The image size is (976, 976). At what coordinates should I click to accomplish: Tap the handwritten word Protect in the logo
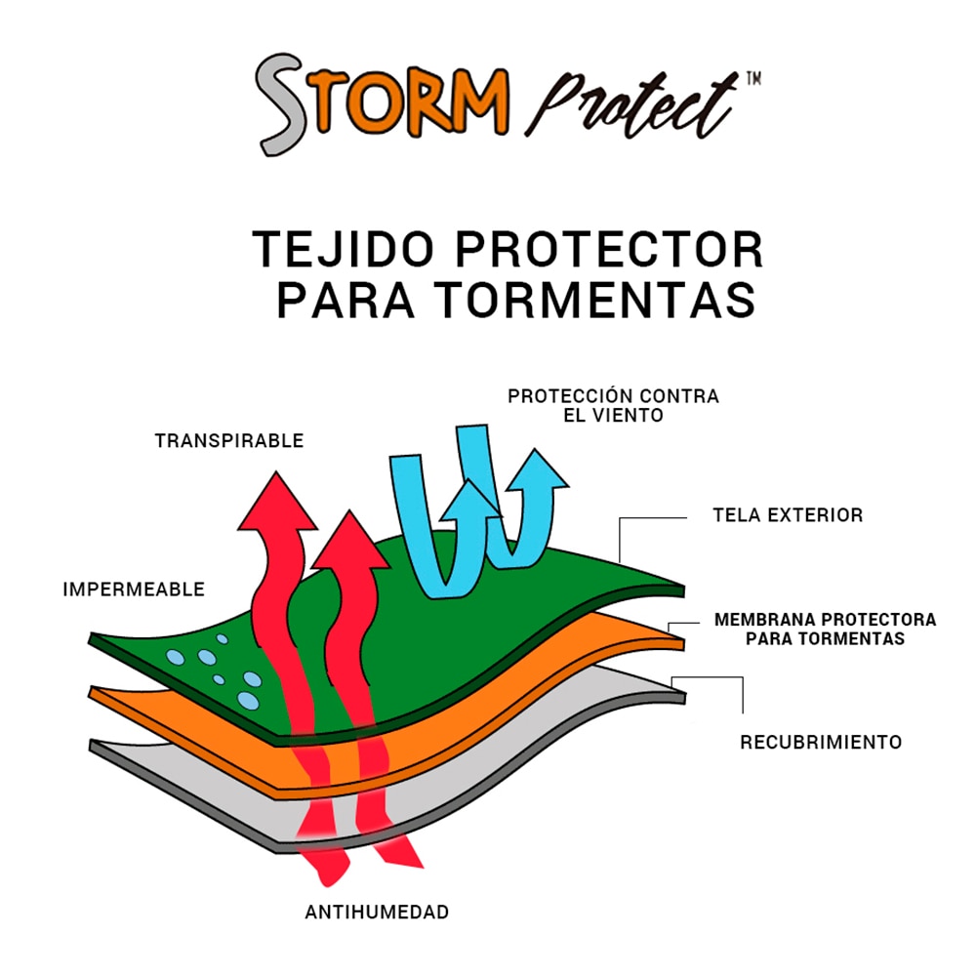630,104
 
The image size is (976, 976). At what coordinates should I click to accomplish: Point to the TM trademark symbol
753,79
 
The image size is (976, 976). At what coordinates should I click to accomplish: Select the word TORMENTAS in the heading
595,300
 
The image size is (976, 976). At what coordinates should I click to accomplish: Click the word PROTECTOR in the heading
609,250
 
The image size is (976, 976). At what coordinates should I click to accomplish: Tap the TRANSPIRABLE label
229,441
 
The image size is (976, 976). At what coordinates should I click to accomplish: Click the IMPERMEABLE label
134,590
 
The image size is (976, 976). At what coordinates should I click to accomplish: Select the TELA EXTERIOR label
788,514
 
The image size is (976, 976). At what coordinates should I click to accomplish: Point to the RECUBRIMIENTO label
821,742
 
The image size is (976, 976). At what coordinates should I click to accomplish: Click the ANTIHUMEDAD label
377,912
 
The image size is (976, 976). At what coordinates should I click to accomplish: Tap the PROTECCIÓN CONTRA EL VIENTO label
613,405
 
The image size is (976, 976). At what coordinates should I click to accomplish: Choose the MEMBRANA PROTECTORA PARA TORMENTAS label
825,629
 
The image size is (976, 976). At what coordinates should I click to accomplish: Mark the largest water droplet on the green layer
248,700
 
